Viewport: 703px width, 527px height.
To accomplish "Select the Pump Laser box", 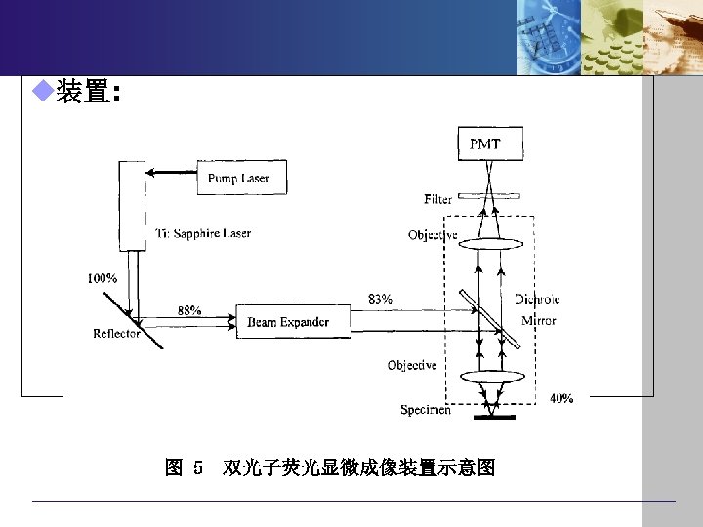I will (x=238, y=178).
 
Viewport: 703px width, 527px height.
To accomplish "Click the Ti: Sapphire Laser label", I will (x=203, y=233).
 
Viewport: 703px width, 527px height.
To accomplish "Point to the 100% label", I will (x=103, y=278).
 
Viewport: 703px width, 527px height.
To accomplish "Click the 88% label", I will (x=189, y=310).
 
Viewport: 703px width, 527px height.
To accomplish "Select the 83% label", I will (x=381, y=299).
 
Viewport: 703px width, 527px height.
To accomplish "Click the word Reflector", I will (x=116, y=333).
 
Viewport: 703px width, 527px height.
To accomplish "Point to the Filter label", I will (x=437, y=199).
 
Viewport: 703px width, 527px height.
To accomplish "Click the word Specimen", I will (x=425, y=410).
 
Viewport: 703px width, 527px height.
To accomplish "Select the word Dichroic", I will (x=537, y=299).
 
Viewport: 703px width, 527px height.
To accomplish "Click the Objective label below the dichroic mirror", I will (x=412, y=365).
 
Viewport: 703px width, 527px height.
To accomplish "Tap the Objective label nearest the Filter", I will (x=433, y=234).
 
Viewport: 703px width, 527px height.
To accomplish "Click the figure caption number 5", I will (x=198, y=469).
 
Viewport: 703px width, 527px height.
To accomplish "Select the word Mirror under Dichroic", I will (x=538, y=320).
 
